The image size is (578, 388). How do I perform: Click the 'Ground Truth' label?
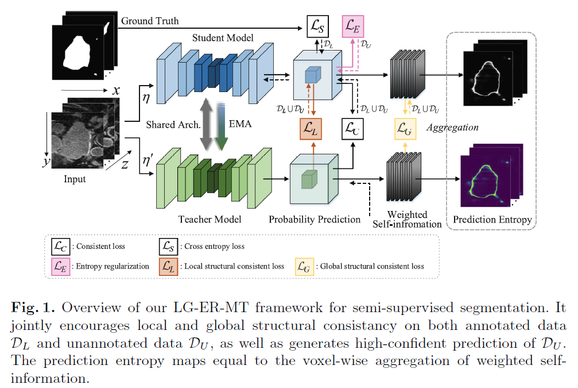tap(150, 21)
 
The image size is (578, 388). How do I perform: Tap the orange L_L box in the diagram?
tap(312, 129)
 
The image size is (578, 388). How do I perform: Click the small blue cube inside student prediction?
tap(312, 75)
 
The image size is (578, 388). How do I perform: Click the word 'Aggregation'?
tap(452, 127)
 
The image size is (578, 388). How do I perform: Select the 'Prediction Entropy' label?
tap(492, 220)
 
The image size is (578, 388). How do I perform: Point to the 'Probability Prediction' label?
tap(315, 219)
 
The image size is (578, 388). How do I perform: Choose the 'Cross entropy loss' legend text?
tap(214, 246)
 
